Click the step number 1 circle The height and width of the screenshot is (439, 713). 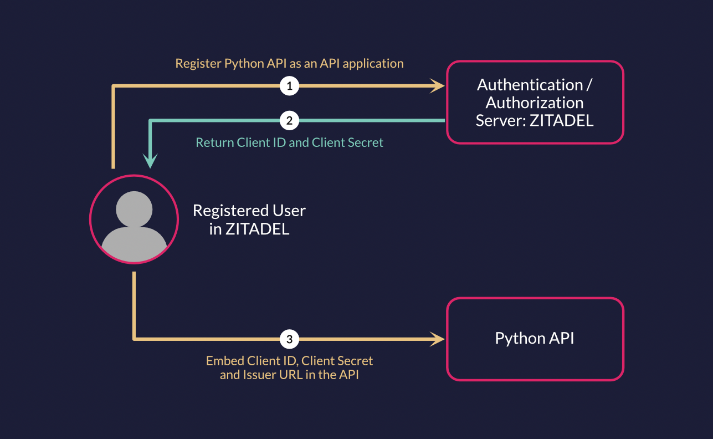(x=289, y=86)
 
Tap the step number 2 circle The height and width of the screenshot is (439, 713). (x=289, y=120)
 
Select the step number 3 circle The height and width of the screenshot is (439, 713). (x=289, y=338)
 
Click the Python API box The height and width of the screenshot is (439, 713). (x=535, y=339)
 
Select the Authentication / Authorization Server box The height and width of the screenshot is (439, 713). (x=535, y=103)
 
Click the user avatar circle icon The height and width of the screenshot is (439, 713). (x=134, y=219)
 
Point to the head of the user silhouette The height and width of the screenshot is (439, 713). (x=134, y=209)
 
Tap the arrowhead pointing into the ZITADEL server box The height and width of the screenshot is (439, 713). (x=439, y=86)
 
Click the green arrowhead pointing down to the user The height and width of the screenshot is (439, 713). (x=150, y=161)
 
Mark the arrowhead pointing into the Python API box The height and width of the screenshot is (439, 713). (x=439, y=338)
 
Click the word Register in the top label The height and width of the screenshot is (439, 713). (x=198, y=64)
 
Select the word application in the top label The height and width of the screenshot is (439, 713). (x=373, y=64)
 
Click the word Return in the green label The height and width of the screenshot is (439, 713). (x=215, y=142)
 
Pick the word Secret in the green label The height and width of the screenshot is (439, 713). (x=365, y=142)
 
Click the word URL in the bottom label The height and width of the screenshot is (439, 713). (x=290, y=375)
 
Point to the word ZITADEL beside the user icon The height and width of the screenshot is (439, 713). (x=257, y=229)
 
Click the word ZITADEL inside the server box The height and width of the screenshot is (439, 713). (x=561, y=120)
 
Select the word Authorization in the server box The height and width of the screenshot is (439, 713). (x=535, y=103)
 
